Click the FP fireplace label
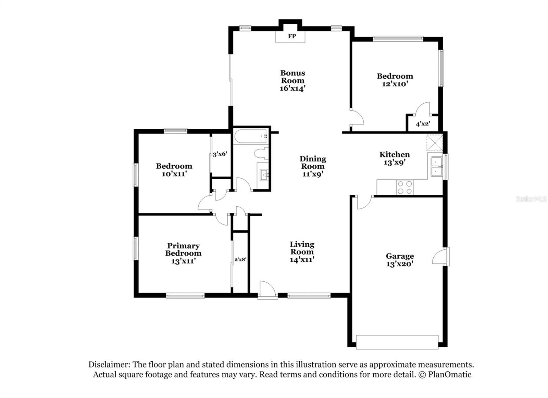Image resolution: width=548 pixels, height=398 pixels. (x=291, y=36)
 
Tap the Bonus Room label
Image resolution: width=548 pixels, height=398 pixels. (x=292, y=77)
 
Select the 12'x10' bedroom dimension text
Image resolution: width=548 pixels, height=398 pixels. (x=395, y=84)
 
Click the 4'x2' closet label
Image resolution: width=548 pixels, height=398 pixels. (x=423, y=124)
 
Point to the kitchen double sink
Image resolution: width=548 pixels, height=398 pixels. (x=436, y=166)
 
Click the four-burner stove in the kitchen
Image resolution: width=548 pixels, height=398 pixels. (x=405, y=188)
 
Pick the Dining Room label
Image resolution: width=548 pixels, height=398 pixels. (x=313, y=163)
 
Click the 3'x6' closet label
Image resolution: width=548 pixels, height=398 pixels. (x=220, y=154)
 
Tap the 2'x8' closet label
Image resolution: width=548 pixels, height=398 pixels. (x=240, y=259)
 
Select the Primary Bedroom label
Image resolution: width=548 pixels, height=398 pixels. (x=183, y=249)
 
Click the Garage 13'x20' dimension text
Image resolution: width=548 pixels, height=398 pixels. (x=400, y=264)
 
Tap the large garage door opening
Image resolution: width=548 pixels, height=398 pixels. (x=397, y=342)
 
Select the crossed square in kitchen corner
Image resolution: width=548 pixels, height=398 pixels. (x=434, y=143)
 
